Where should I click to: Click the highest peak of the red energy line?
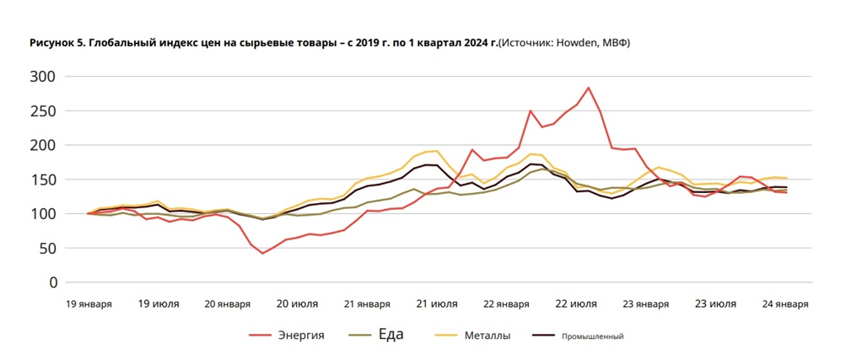[588, 88]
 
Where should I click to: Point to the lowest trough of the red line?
[262, 253]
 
